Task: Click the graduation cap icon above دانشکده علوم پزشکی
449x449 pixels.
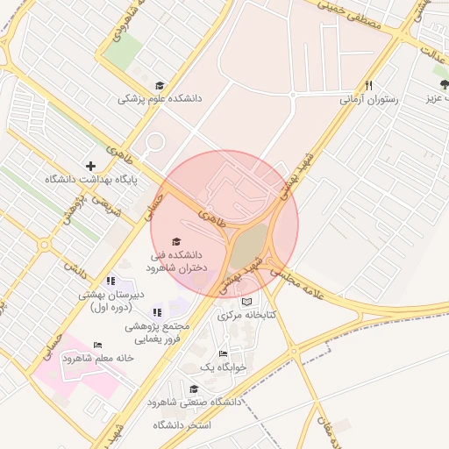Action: pyautogui.click(x=160, y=85)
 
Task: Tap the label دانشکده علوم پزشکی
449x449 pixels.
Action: pyautogui.click(x=160, y=99)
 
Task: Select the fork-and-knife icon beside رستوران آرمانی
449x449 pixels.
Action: pyautogui.click(x=369, y=85)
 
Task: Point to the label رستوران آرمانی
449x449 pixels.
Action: pyautogui.click(x=369, y=99)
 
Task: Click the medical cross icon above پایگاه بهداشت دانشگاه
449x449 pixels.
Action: pyautogui.click(x=90, y=166)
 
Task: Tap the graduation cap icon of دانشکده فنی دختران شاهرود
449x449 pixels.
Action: pyautogui.click(x=176, y=240)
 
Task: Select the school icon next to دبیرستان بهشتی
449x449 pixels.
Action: pyautogui.click(x=110, y=281)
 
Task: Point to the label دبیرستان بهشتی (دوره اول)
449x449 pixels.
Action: pyautogui.click(x=109, y=302)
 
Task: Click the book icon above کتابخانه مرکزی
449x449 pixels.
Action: pyautogui.click(x=246, y=301)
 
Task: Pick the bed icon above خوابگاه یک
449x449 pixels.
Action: pyautogui.click(x=224, y=353)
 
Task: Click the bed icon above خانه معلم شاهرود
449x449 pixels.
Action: pyautogui.click(x=97, y=345)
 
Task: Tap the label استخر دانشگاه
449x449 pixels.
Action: pyautogui.click(x=182, y=425)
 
